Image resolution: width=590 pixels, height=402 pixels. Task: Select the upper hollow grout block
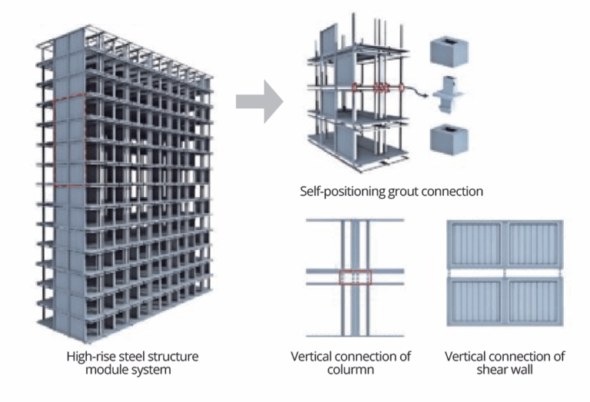[449, 51]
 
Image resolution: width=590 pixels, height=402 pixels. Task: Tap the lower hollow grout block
[449, 140]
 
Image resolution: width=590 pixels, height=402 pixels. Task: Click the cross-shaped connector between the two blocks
[450, 97]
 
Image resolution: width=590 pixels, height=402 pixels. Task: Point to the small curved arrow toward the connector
[419, 93]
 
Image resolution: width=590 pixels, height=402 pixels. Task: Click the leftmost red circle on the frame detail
[356, 87]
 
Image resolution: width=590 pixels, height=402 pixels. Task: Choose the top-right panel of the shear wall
[533, 244]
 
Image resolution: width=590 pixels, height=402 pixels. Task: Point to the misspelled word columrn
[350, 370]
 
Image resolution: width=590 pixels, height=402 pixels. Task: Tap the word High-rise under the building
[84, 357]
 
